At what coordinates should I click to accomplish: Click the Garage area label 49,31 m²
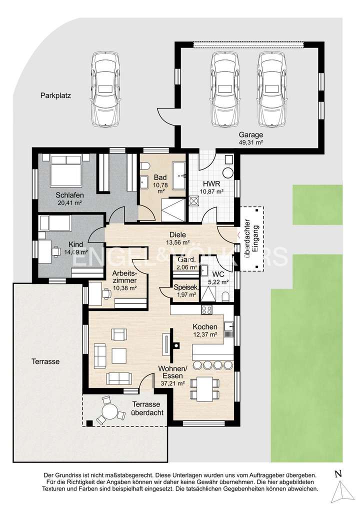pyautogui.click(x=251, y=142)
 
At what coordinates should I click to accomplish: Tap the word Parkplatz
pyautogui.click(x=55, y=96)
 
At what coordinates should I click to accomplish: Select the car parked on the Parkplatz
pyautogui.click(x=106, y=89)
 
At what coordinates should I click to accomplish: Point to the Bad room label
pyautogui.click(x=160, y=177)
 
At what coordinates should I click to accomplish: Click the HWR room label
pyautogui.click(x=211, y=183)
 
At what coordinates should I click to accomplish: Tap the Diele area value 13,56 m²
pyautogui.click(x=178, y=242)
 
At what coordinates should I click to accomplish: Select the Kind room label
pyautogui.click(x=75, y=244)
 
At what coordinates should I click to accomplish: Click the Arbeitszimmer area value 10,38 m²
pyautogui.click(x=124, y=288)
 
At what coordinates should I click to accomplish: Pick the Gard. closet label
pyautogui.click(x=187, y=259)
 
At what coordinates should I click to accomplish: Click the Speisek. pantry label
pyautogui.click(x=186, y=287)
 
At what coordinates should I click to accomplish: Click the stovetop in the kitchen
pyautogui.click(x=206, y=310)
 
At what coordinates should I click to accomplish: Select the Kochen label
pyautogui.click(x=205, y=327)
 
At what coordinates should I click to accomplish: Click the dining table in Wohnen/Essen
pyautogui.click(x=204, y=388)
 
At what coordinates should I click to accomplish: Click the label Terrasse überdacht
pyautogui.click(x=146, y=408)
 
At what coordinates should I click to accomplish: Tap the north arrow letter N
pyautogui.click(x=338, y=473)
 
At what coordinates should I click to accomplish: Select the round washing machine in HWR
pyautogui.click(x=228, y=172)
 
